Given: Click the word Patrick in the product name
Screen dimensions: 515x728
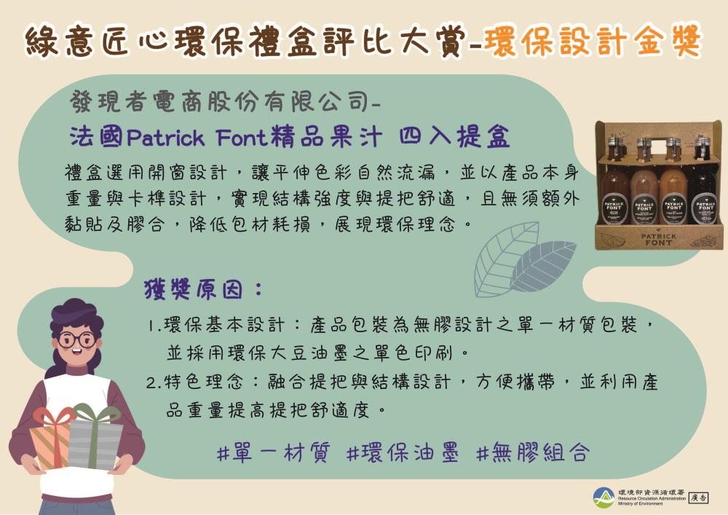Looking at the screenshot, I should click(x=170, y=137).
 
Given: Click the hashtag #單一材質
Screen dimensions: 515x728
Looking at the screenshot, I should click(x=272, y=453).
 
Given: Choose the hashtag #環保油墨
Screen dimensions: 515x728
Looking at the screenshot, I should click(x=402, y=453).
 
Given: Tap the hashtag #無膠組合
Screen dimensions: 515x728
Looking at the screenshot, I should click(x=531, y=453).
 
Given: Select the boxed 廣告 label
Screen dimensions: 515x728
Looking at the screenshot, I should click(x=698, y=498).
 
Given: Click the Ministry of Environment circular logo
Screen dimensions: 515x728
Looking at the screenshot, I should click(x=604, y=498).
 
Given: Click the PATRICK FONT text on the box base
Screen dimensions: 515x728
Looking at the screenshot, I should click(x=658, y=239).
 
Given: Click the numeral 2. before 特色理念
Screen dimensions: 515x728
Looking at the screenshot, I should click(x=154, y=382).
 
